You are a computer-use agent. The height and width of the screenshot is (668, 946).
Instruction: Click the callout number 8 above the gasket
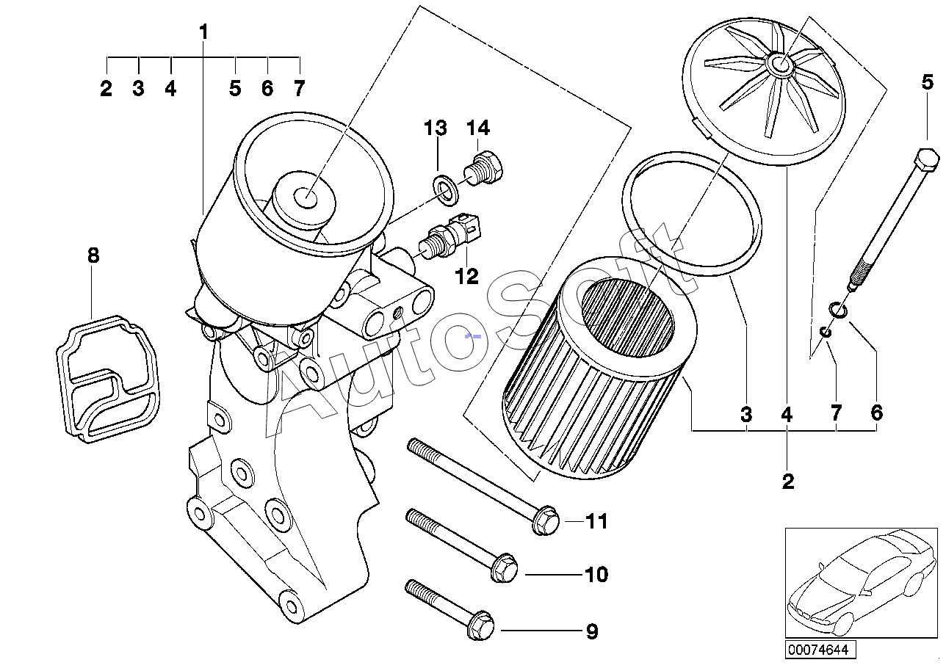pyautogui.click(x=93, y=256)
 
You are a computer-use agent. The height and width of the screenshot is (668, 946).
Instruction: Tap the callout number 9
pyautogui.click(x=592, y=631)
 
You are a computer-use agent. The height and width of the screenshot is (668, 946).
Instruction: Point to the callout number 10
pyautogui.click(x=596, y=574)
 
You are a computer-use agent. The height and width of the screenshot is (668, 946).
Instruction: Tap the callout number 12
pyautogui.click(x=466, y=276)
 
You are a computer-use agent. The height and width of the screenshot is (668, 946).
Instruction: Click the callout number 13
pyautogui.click(x=435, y=128)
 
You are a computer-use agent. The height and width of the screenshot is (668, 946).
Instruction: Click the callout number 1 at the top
pyautogui.click(x=203, y=32)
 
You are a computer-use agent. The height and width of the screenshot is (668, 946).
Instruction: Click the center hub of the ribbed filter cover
pyautogui.click(x=781, y=65)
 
